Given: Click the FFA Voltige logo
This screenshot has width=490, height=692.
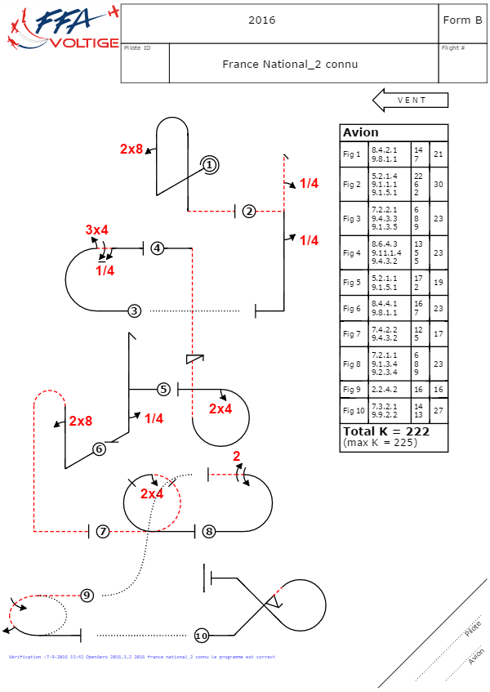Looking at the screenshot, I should pos(61,28).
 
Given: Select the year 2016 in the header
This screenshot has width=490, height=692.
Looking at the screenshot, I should pos(262,20).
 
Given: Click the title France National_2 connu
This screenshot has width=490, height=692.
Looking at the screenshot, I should pos(290,64).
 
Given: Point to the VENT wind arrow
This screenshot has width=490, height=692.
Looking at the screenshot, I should pos(411,100).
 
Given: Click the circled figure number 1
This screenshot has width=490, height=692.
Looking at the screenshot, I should pos(209,165).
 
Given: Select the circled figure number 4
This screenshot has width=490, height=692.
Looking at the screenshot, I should pos(158,248).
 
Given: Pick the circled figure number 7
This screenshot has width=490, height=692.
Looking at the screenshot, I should pos(103,532).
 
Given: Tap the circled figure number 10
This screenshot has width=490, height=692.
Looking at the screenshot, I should pos(202,636).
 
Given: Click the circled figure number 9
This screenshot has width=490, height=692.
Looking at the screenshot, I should pos(87,595).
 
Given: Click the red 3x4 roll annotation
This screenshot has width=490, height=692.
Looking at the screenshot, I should pos(96,230).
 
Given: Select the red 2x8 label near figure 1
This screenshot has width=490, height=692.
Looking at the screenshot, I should pos(131,149).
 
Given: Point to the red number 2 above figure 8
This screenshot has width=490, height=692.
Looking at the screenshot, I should pos(237,456).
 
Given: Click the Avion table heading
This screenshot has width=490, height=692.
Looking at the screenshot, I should pos(361,132).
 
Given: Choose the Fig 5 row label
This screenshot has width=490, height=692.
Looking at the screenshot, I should pos(352,283).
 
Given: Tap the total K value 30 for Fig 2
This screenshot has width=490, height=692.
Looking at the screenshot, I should pos(439,185).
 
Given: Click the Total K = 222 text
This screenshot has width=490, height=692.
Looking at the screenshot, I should pos(386,431).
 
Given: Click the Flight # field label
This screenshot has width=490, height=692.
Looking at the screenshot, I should pos(453,48).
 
